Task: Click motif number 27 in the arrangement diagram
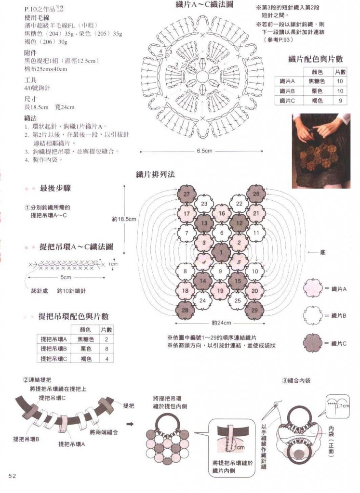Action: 187,194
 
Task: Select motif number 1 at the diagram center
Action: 222,252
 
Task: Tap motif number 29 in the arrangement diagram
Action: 255,311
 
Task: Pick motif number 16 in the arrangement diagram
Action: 222,213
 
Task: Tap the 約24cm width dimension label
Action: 222,323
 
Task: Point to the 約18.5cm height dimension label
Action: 124,219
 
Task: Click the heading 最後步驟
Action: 59,188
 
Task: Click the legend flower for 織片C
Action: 312,343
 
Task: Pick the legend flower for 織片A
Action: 312,288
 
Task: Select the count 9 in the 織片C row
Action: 340,101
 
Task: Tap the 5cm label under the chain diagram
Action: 66,278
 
